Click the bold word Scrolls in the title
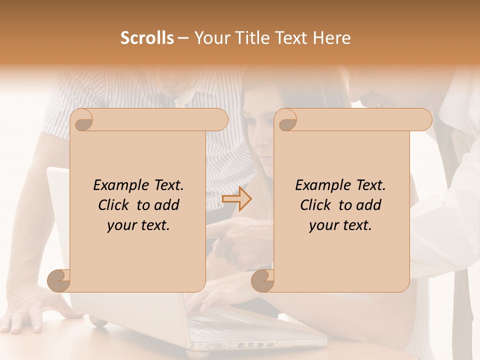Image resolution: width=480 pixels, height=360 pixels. coord(147,38)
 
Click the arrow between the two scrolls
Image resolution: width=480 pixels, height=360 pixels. coord(236,198)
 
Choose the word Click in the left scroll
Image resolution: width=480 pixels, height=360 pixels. coord(114,205)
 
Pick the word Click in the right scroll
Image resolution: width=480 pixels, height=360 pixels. coord(316,205)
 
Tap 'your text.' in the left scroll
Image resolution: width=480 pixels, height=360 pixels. coord(138,225)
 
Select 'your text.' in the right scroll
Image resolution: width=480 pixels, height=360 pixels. coord(340,225)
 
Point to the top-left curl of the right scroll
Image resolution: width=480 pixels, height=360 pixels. coord(286,120)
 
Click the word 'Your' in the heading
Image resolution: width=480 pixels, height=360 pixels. coord(210,38)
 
